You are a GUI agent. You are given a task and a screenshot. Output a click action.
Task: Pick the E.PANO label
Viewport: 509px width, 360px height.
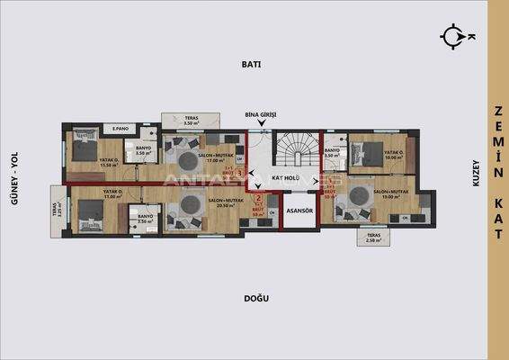[124, 128]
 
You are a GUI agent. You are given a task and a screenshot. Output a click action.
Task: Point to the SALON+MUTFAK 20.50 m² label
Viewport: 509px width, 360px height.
[226, 202]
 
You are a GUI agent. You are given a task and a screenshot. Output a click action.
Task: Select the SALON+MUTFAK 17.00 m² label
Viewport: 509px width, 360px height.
[216, 157]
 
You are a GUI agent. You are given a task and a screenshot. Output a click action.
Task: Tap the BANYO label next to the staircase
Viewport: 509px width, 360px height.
[332, 152]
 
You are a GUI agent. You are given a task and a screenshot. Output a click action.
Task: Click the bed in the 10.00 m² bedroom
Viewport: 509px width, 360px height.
[371, 150]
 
